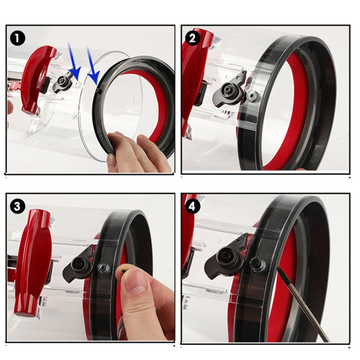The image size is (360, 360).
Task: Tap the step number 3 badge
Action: (x=18, y=206)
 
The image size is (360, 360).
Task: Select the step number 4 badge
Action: (x=193, y=206)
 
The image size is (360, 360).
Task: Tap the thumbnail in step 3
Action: (x=138, y=288)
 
